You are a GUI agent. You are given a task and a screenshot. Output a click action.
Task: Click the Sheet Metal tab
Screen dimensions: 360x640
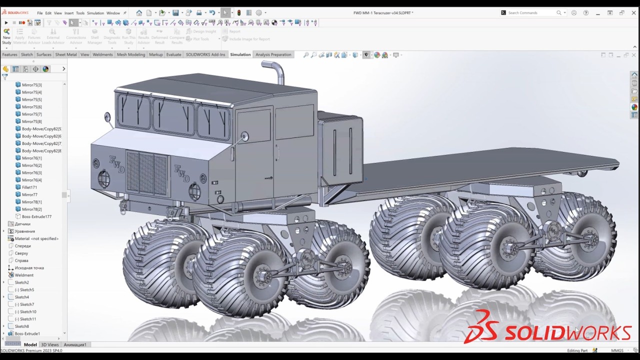tap(65, 54)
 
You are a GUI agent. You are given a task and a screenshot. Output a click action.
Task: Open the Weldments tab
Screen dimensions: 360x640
tap(102, 54)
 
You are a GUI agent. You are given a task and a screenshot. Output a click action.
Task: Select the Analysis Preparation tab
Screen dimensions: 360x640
tap(273, 54)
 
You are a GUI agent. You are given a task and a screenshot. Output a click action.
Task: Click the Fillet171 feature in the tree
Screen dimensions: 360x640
tap(29, 187)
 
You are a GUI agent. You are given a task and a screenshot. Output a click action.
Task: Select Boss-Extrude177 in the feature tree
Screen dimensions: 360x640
tap(36, 216)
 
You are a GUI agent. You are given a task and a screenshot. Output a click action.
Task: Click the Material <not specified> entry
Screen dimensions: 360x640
tap(36, 238)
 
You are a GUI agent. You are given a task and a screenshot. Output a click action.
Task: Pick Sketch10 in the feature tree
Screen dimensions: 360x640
tap(28, 311)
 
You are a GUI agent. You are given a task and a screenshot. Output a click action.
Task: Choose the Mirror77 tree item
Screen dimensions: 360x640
tap(29, 194)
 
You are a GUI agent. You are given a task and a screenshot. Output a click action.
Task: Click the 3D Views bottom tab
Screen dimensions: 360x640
tap(49, 344)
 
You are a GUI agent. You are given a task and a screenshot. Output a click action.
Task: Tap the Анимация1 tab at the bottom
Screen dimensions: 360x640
tap(75, 344)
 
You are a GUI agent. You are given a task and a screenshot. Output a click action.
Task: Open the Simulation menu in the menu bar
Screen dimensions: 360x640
tap(95, 13)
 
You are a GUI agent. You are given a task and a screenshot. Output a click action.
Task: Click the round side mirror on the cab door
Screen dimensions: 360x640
tap(244, 136)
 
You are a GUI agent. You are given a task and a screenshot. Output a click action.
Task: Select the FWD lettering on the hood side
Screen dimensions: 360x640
tap(182, 173)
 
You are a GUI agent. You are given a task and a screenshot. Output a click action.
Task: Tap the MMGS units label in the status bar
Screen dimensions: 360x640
tap(616, 350)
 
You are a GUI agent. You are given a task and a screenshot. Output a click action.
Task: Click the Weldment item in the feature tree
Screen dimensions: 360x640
tap(24, 275)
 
